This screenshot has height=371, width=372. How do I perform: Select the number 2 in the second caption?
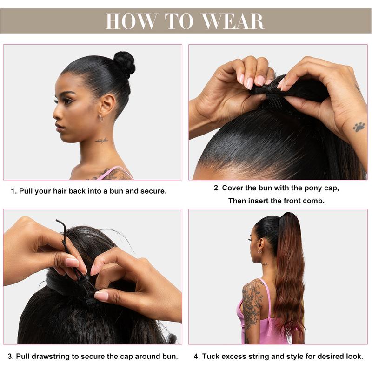216,188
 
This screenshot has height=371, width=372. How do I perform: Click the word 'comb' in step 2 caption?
313,201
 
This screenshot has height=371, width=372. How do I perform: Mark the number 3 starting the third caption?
11,357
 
